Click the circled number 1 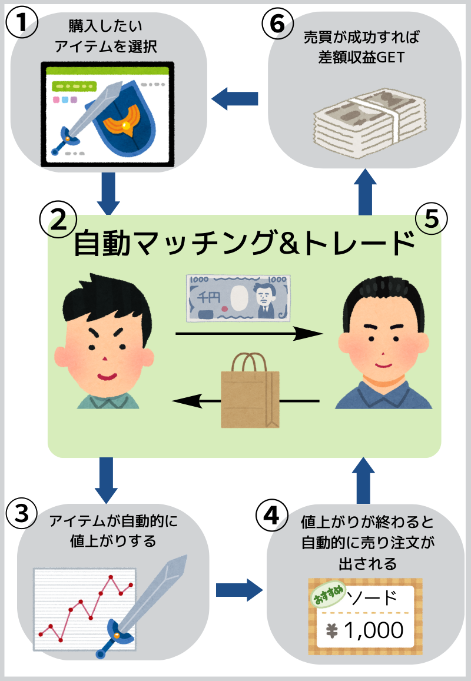click(x=22, y=24)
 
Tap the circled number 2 click(x=58, y=219)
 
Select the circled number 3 click(x=22, y=513)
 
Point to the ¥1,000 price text click(x=366, y=630)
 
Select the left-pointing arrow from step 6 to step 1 click(x=235, y=98)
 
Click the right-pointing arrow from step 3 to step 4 click(x=238, y=589)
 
